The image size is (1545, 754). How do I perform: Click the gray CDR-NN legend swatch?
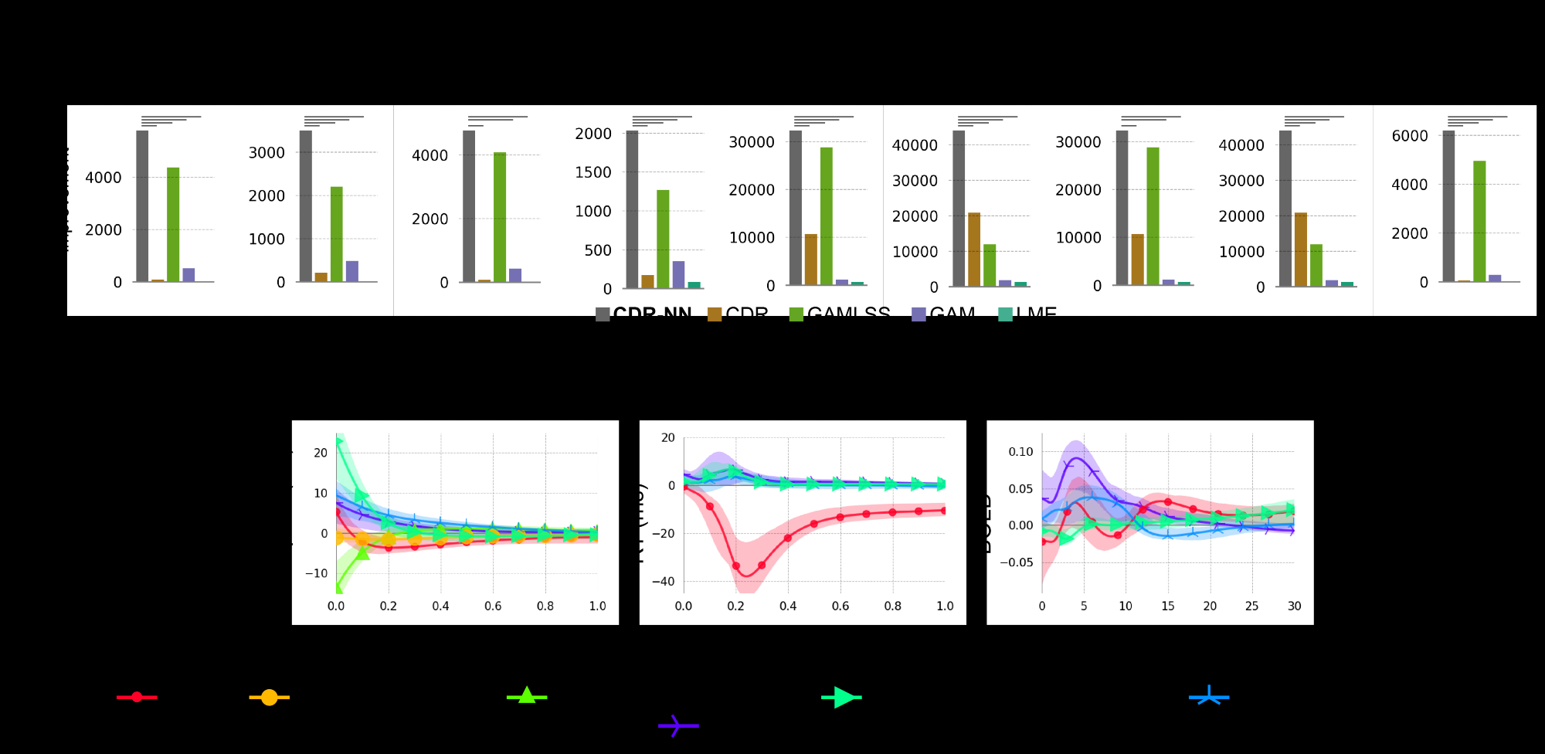pos(603,314)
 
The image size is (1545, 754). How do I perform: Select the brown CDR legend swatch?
pos(715,314)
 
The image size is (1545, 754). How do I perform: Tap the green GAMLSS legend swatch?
pos(796,314)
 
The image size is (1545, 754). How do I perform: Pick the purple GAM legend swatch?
pos(919,314)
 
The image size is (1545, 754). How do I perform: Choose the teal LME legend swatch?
pos(1005,314)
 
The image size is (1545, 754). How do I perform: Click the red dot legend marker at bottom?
pos(137,697)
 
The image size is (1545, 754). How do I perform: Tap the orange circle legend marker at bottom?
pos(269,697)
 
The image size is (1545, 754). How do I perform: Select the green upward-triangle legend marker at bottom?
pos(527,695)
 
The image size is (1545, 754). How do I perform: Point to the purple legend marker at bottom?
pos(677,725)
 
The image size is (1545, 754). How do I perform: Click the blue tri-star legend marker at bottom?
pos(1209,696)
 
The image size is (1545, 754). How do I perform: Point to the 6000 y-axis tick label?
pos(1410,136)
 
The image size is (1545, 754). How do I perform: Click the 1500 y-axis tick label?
pos(593,172)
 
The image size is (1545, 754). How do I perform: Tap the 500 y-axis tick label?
pos(598,250)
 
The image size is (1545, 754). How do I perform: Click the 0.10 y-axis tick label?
pos(1020,451)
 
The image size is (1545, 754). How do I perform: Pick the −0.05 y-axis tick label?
pos(1016,562)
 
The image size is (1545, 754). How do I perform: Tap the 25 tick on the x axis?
pos(1251,606)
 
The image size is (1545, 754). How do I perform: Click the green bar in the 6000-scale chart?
pos(1479,221)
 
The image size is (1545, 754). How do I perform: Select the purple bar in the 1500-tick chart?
pos(678,274)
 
